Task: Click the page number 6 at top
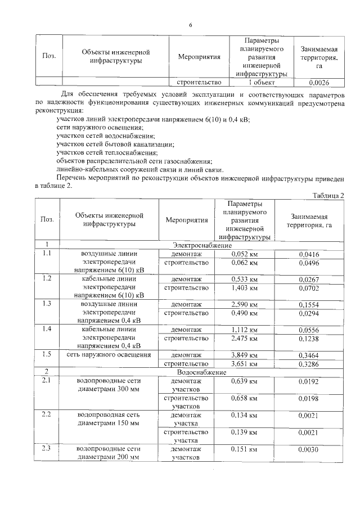click(191, 25)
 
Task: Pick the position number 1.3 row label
click(47, 304)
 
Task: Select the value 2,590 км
click(244, 304)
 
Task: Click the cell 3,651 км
click(244, 364)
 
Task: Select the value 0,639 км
click(244, 381)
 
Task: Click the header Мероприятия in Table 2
click(187, 220)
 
